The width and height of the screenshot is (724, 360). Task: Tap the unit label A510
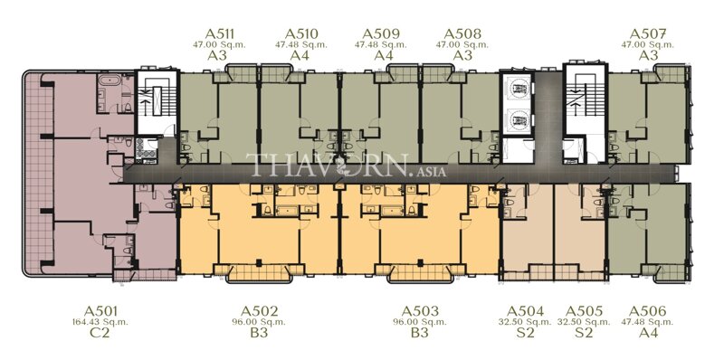coord(300,34)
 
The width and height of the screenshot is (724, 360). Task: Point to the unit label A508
coord(462,34)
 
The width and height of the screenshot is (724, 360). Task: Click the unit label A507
coord(648,34)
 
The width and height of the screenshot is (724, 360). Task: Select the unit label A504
coord(526,310)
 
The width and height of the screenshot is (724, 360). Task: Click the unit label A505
coord(586,310)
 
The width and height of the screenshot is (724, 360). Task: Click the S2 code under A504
coord(526,333)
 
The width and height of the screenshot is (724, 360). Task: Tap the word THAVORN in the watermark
coord(313,166)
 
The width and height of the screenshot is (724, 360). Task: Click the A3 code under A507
coord(648,55)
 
